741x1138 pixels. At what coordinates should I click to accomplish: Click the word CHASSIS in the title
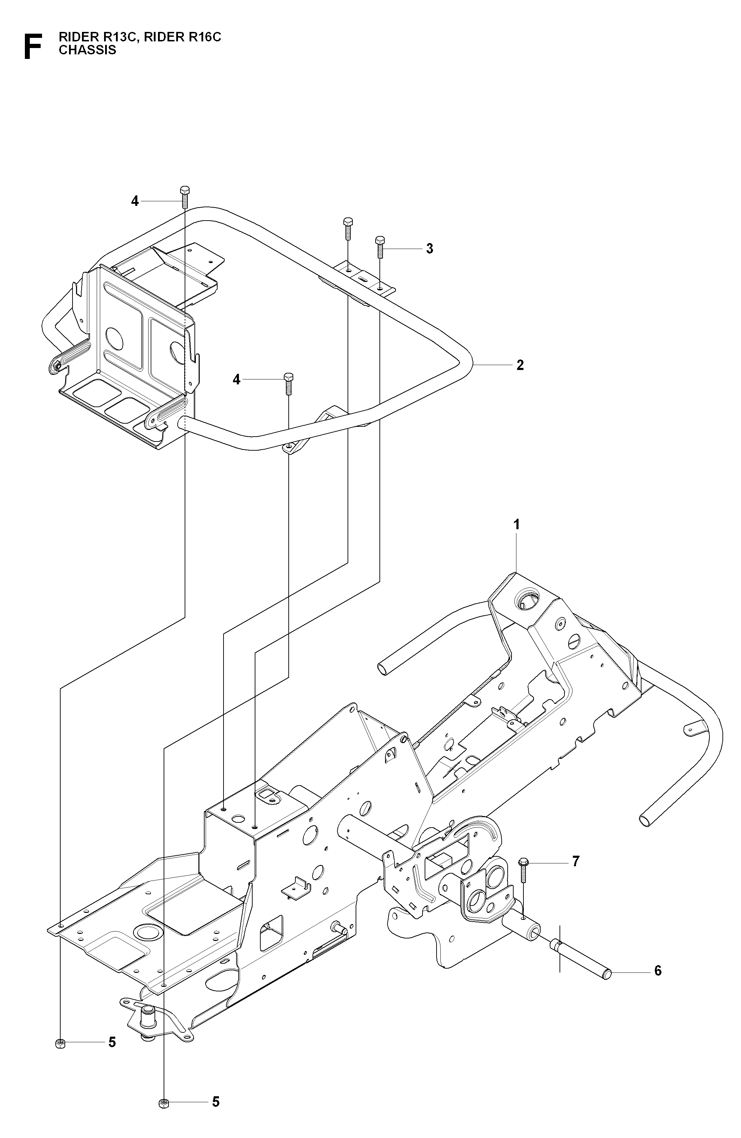point(88,50)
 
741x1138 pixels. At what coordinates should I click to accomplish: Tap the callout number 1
point(516,525)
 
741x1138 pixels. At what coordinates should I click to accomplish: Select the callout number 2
point(520,365)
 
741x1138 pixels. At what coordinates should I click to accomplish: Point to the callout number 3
point(430,249)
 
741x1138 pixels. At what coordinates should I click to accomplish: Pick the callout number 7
point(576,861)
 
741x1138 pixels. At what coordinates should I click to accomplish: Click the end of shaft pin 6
point(608,972)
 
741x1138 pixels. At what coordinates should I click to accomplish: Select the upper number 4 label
point(135,201)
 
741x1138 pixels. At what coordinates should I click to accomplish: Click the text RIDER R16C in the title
point(183,37)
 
